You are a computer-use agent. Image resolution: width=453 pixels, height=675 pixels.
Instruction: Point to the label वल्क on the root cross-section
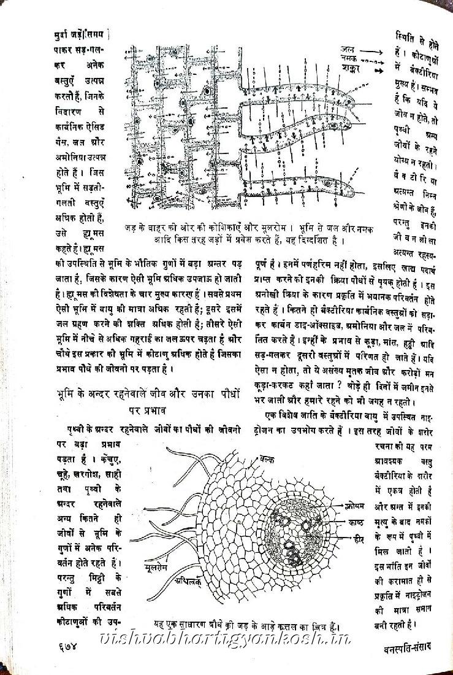coord(267,459)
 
